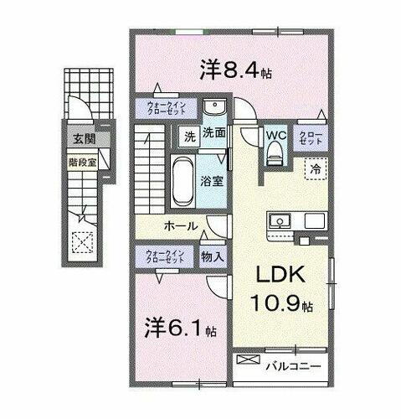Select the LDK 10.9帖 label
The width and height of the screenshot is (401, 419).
280,289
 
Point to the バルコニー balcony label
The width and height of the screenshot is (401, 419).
294,365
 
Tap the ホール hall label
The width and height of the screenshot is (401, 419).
180,226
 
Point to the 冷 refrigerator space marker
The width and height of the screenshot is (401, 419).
316,168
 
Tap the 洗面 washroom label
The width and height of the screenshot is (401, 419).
215,132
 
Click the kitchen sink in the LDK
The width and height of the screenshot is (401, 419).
280,221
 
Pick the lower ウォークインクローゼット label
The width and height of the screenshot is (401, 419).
167,256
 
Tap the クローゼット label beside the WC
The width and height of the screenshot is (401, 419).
310,137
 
